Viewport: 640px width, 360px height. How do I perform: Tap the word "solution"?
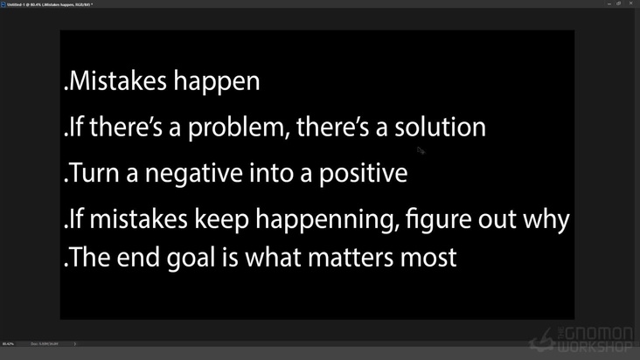point(440,128)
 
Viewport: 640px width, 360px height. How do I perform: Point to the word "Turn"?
point(94,173)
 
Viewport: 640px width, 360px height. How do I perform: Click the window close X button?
point(631,3)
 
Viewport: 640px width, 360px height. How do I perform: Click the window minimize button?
point(609,3)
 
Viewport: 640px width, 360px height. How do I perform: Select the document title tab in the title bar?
point(49,4)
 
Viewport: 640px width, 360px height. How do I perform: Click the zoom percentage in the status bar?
point(8,343)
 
